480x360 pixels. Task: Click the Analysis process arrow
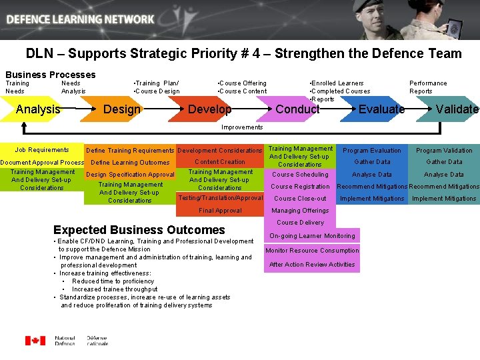point(38,109)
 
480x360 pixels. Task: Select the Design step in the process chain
point(123,109)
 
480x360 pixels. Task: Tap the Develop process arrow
point(210,109)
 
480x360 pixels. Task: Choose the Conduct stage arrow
point(297,109)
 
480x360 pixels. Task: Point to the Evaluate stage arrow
point(381,109)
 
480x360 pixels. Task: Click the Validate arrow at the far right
point(457,109)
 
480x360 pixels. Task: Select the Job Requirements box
point(42,150)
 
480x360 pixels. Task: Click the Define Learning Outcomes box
point(130,162)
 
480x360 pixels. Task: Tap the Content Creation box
point(220,161)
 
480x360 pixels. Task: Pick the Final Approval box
point(220,211)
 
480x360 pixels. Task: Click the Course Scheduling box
point(300,175)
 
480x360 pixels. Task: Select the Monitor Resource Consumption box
point(312,251)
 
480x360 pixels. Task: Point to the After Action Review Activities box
point(312,265)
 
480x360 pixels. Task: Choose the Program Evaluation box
point(372,151)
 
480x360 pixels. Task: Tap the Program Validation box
point(444,151)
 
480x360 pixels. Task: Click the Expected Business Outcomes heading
point(139,230)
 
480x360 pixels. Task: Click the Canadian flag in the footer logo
point(35,341)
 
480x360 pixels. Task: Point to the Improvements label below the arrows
point(242,127)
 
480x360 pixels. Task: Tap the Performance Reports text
point(427,87)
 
